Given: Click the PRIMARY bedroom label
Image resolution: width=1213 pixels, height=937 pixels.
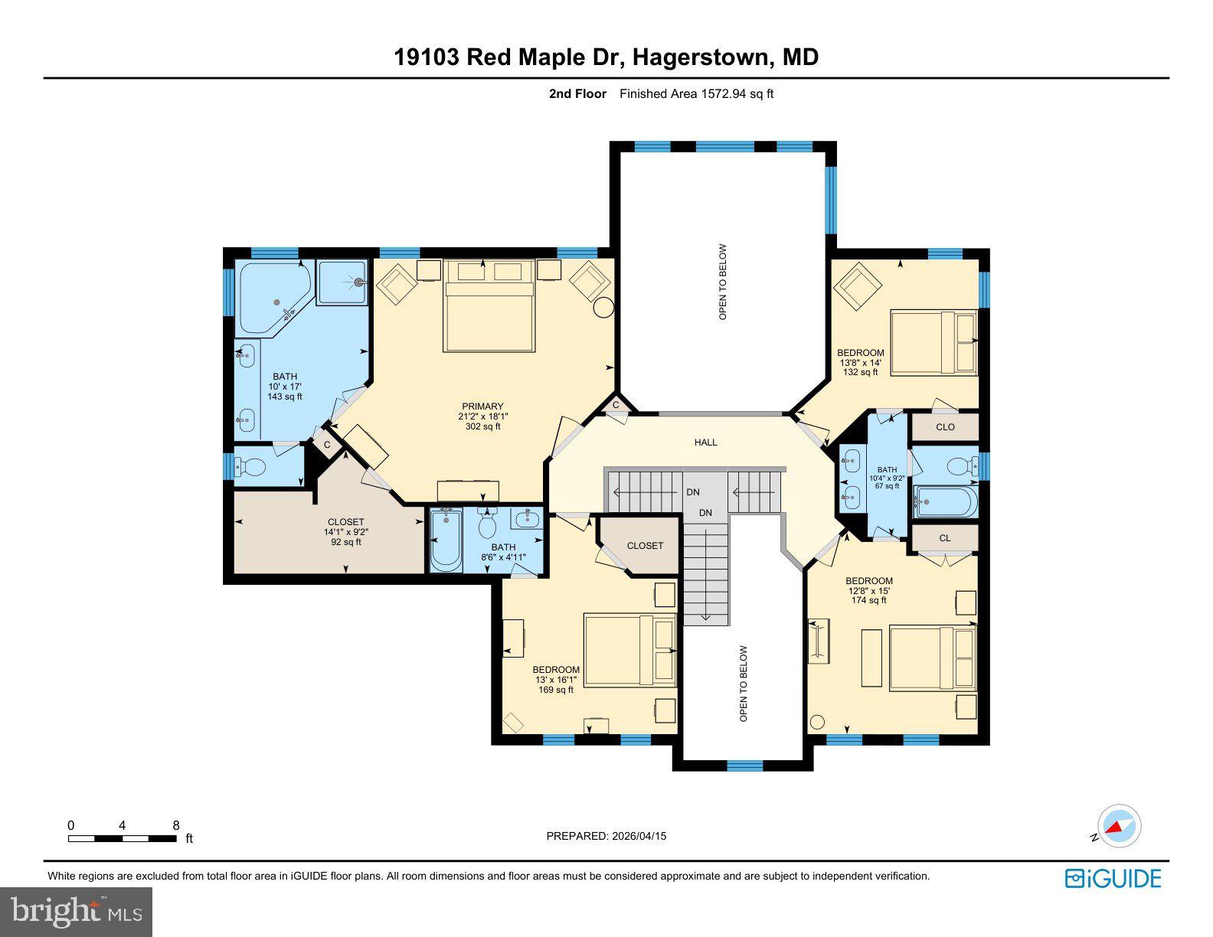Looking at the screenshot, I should [482, 416].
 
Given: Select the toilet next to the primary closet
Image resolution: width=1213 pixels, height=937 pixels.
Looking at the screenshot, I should [251, 465].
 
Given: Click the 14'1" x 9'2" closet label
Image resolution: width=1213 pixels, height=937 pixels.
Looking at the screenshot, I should [345, 531].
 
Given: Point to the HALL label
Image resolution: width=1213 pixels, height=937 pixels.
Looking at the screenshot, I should [705, 442].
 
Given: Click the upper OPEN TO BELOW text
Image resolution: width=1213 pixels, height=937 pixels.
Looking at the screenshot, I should [722, 282].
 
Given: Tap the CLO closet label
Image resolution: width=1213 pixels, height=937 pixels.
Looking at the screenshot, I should [945, 426].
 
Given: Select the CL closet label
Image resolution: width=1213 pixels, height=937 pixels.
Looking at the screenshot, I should [944, 538].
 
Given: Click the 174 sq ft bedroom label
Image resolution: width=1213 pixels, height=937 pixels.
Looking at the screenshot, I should [868, 590].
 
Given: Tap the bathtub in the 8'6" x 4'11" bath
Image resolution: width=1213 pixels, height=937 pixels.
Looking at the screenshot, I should [446, 541].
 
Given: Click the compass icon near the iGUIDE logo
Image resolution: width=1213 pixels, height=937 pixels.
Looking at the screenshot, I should [1119, 827].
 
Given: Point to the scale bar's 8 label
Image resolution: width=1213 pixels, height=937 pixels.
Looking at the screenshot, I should [175, 825].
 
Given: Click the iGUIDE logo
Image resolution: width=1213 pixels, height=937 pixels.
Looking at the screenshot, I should [1113, 878].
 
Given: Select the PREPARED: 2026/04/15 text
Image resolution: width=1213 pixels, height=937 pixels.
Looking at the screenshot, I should [606, 836].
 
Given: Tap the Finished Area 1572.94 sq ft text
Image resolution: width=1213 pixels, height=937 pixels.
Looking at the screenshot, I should [696, 94].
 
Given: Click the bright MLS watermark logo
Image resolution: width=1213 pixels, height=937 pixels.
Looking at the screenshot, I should [77, 912].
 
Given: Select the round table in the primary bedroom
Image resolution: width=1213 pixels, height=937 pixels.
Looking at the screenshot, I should [604, 307].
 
